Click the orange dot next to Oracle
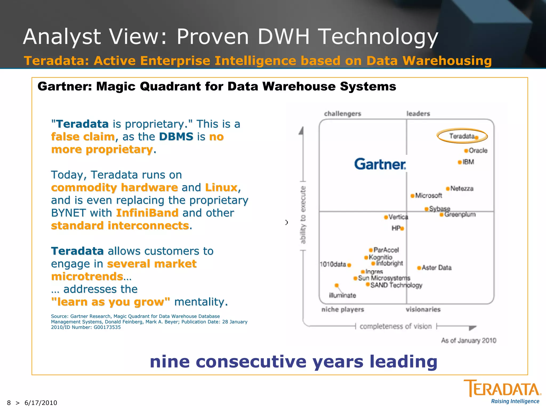pos(466,151)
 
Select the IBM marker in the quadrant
pos(460,162)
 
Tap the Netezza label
pos(462,188)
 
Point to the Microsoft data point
pos(412,196)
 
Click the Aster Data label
pos(437,267)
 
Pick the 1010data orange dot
pos(349,265)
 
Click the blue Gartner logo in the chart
pos(380,164)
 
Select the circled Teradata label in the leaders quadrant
pos(462,136)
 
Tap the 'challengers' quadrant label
pos(343,114)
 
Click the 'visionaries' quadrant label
pos(423,309)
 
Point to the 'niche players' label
pos(343,309)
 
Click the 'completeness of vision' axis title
pos(396,326)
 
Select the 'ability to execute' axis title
pos(303,215)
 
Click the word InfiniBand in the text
pos(147,213)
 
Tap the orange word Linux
pos(221,188)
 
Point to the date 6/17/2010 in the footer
pos(41,403)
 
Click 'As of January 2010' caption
pos(468,340)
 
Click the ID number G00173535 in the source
pos(107,327)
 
